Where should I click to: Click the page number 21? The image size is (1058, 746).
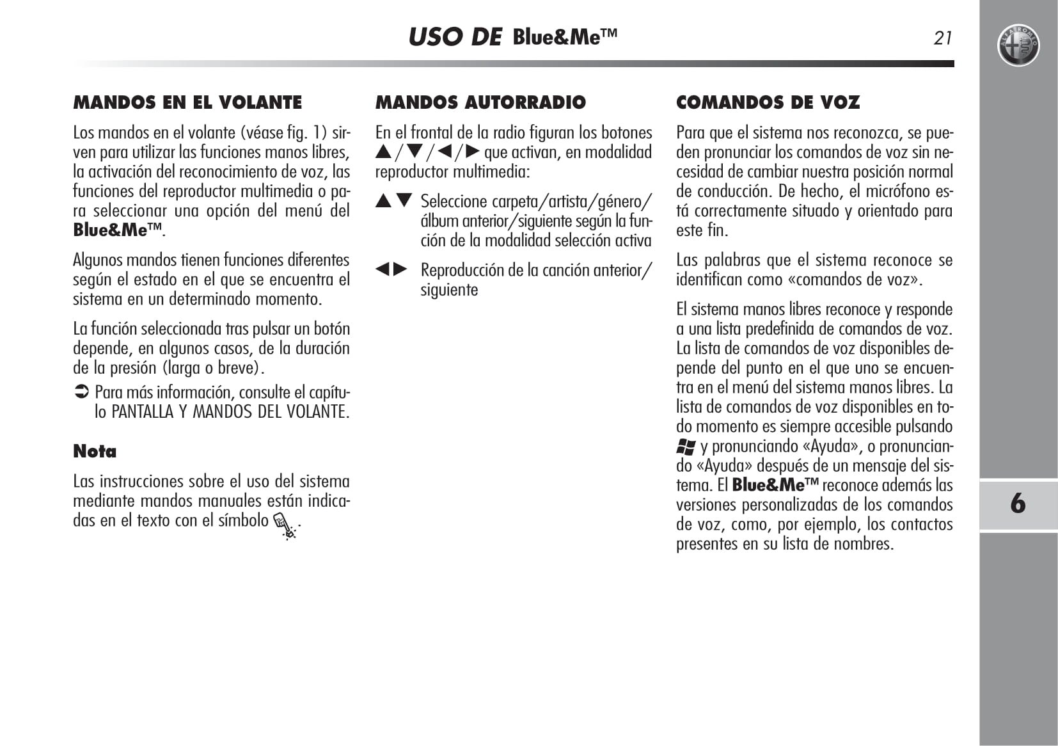pyautogui.click(x=943, y=38)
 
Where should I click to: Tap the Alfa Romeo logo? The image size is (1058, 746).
pyautogui.click(x=1018, y=46)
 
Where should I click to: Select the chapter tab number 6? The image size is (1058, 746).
pyautogui.click(x=1018, y=504)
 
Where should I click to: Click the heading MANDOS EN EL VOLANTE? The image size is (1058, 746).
pyautogui.click(x=187, y=102)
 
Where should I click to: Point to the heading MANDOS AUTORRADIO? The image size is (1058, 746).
pyautogui.click(x=480, y=102)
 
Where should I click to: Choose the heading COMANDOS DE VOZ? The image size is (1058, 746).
pyautogui.click(x=768, y=102)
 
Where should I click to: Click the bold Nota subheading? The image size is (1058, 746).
pyautogui.click(x=95, y=451)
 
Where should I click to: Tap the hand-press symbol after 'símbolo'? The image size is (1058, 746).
pyautogui.click(x=285, y=526)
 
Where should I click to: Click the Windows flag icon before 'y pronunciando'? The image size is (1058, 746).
pyautogui.click(x=686, y=447)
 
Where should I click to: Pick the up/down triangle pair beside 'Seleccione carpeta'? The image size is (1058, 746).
pyautogui.click(x=393, y=201)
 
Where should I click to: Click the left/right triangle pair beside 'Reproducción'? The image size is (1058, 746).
pyautogui.click(x=391, y=269)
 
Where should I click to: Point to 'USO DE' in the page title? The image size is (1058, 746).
pyautogui.click(x=455, y=37)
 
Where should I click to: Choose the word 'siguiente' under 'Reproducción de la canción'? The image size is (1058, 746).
pyautogui.click(x=449, y=290)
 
